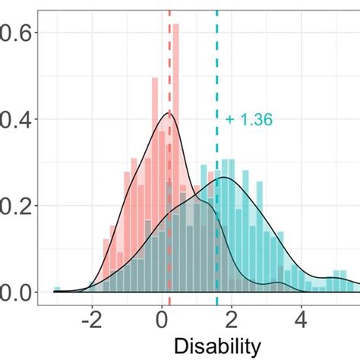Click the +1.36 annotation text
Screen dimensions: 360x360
248,119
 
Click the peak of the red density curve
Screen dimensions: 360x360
169,113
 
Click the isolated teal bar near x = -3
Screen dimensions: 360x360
57,289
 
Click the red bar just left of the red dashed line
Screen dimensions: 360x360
165,190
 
